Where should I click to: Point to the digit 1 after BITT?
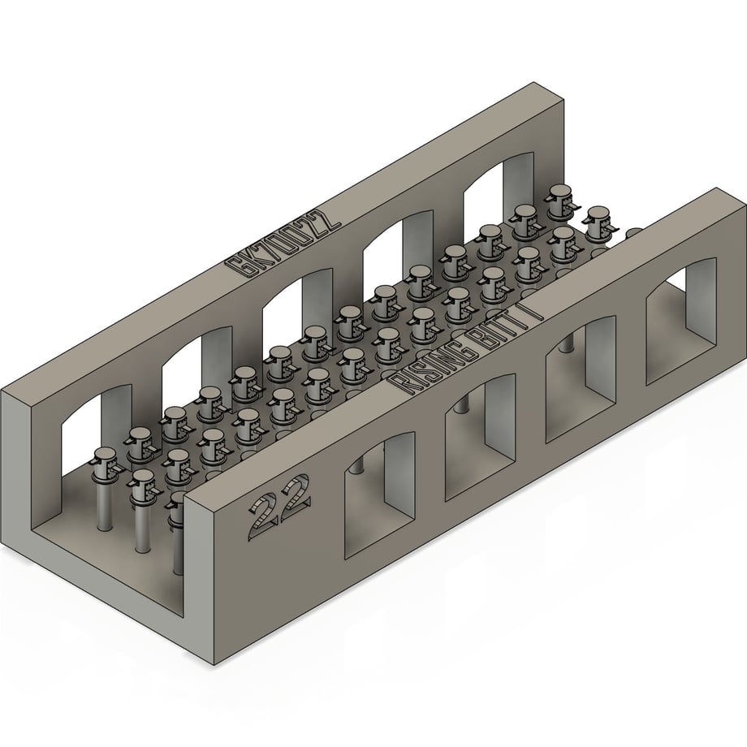535,309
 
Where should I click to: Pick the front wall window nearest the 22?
380,495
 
